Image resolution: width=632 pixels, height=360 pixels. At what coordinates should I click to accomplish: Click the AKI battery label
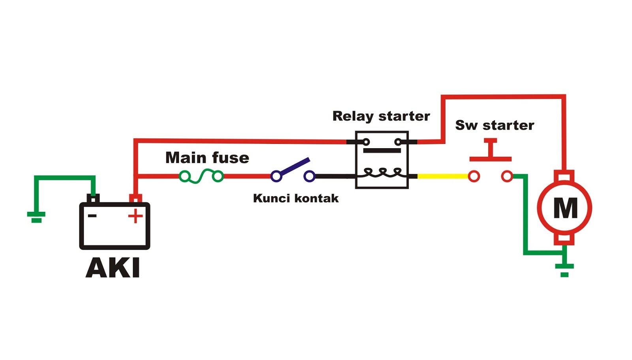point(113,268)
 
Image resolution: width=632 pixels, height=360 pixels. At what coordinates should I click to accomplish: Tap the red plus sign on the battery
point(135,216)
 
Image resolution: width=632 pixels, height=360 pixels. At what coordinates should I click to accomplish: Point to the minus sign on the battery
point(92,216)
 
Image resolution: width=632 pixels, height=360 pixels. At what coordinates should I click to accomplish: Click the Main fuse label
point(207,158)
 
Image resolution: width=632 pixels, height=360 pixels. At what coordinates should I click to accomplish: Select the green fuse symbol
point(201,176)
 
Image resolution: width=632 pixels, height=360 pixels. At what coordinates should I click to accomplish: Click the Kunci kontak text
point(296,198)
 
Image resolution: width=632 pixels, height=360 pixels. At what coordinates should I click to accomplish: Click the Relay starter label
point(381,116)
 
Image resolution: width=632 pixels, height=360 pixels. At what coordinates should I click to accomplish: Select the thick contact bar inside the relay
point(382,151)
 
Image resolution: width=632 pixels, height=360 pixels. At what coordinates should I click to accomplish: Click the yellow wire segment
point(442,176)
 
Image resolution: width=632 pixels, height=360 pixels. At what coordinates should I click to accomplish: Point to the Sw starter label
point(495,125)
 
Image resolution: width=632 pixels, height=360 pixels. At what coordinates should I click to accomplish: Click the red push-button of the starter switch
point(491,150)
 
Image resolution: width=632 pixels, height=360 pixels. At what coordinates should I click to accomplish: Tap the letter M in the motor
point(565,208)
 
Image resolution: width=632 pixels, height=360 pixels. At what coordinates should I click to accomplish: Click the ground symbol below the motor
point(564,269)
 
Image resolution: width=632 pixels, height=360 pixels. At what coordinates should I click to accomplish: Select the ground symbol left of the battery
point(36,217)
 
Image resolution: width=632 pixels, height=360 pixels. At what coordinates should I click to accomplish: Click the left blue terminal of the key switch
point(276,176)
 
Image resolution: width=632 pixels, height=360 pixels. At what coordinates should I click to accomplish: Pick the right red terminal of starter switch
point(507,176)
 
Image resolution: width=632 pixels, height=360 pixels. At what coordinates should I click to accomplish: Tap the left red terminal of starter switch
point(474,176)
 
